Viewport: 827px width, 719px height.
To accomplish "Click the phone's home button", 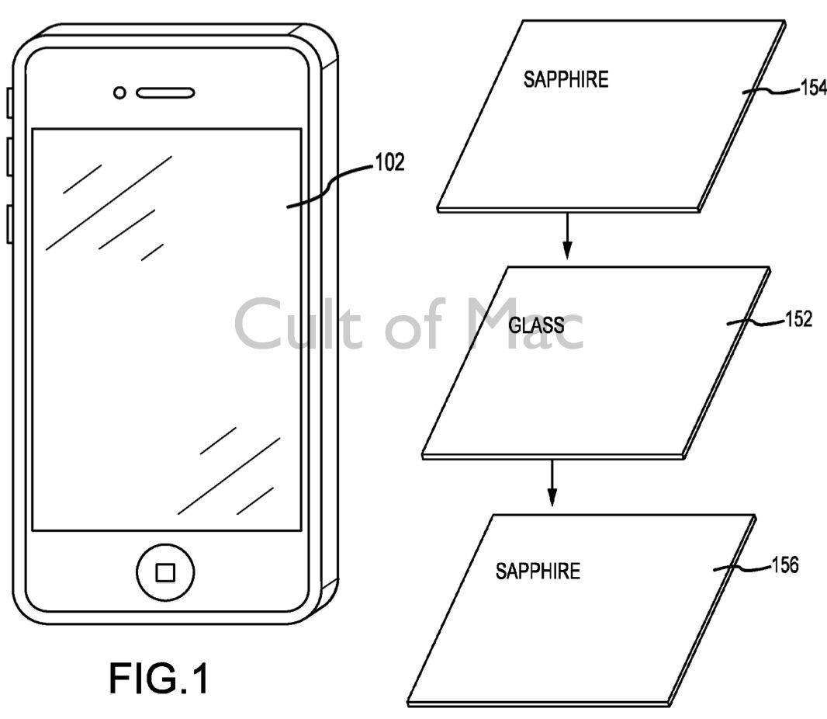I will tap(165, 572).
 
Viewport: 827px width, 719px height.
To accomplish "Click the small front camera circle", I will tap(119, 93).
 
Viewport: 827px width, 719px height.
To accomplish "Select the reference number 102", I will tap(389, 164).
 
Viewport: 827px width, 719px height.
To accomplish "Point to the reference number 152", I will tap(798, 319).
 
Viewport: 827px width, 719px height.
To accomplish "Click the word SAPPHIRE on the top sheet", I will tap(566, 79).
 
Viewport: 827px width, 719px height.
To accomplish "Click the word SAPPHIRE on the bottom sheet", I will tap(538, 571).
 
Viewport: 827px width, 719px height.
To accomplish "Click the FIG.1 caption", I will tap(158, 678).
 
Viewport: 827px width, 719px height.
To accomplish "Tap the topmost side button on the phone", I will tap(8, 103).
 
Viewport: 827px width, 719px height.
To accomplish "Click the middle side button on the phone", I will tap(8, 155).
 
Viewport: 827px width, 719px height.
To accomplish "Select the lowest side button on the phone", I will tap(8, 224).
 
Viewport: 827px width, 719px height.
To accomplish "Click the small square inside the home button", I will tap(165, 573).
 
